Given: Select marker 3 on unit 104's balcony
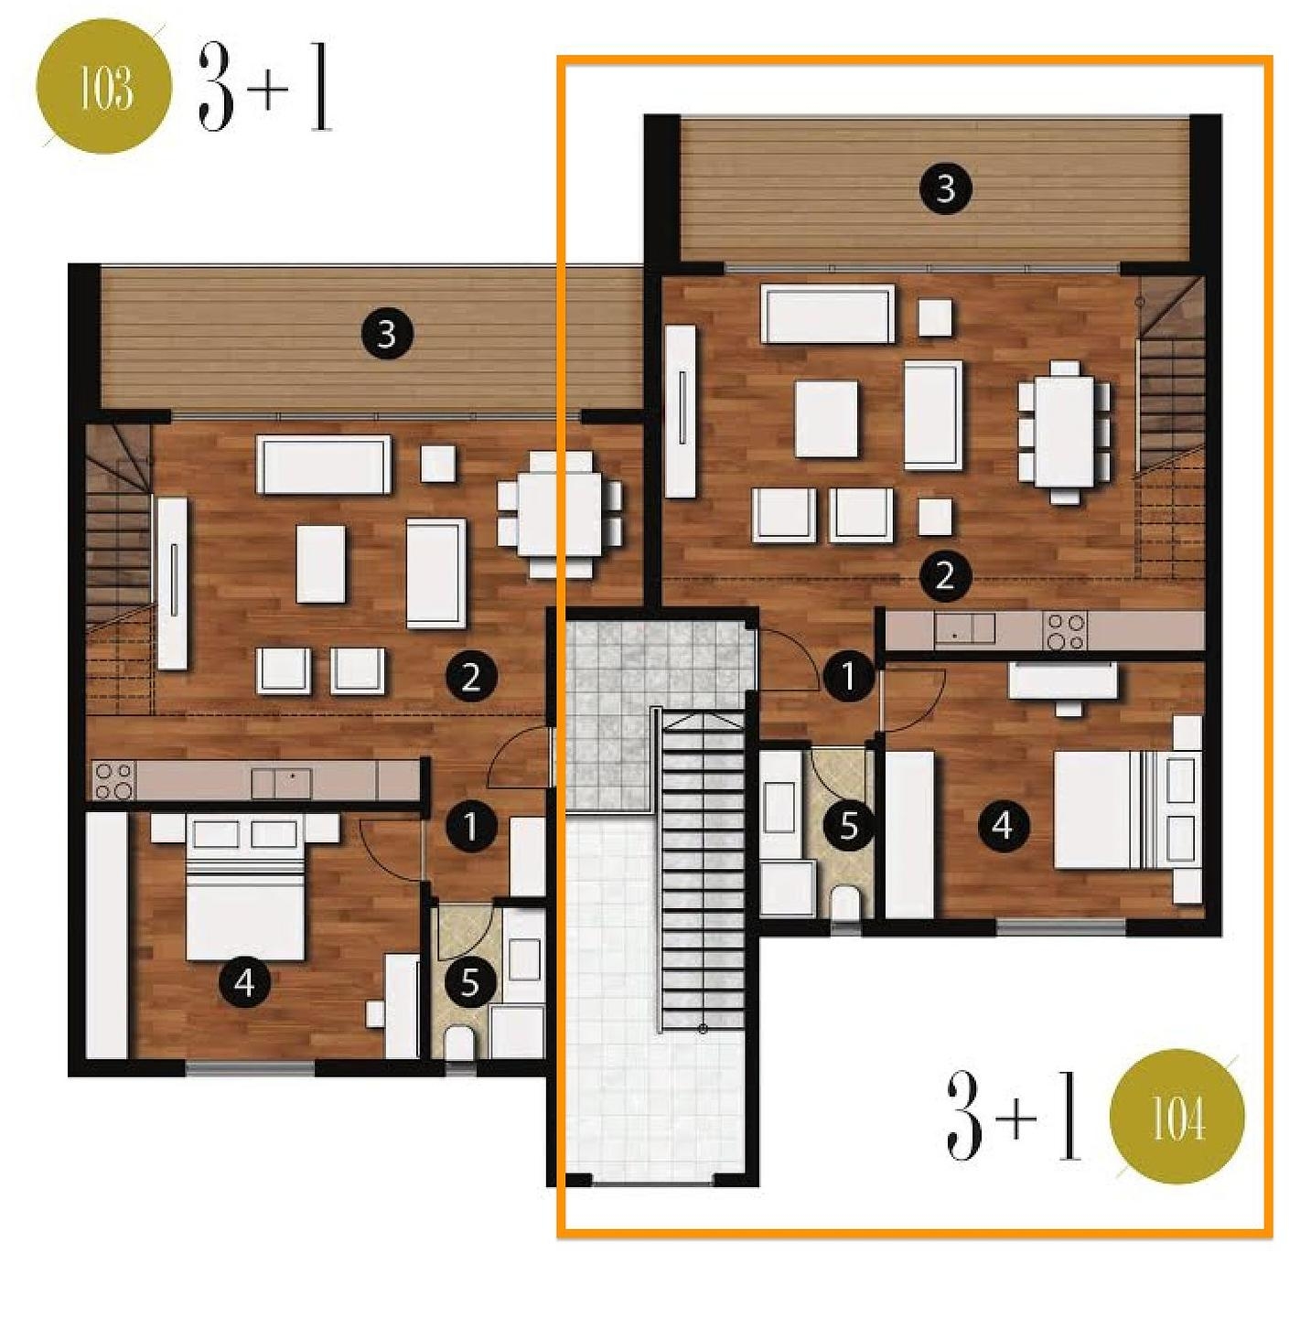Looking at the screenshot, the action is [945, 188].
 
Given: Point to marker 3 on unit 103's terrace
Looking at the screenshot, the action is [387, 335].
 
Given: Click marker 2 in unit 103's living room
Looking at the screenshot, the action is [470, 678].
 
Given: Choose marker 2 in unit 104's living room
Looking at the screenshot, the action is [945, 577].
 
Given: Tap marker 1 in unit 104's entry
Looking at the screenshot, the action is [848, 678].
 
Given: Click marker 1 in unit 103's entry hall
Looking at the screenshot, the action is [470, 826].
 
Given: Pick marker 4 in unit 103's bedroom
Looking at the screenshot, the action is [245, 983].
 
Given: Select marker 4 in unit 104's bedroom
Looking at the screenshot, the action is [1003, 826].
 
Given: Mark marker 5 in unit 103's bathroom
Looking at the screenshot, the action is [470, 983].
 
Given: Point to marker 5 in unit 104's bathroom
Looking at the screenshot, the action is [848, 826].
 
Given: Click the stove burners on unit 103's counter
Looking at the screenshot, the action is [114, 781].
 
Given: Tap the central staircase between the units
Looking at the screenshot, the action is [703, 867].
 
